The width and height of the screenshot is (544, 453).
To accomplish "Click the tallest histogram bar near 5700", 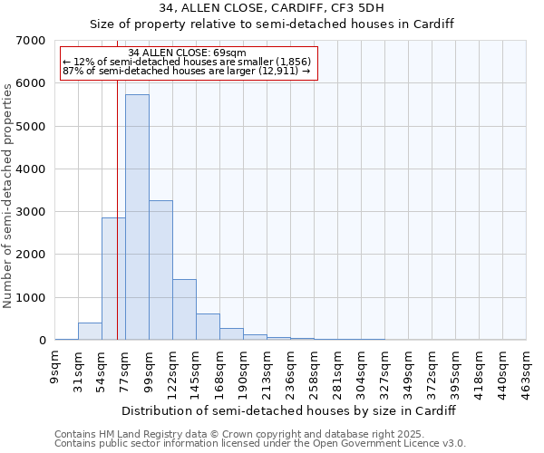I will click(137, 217).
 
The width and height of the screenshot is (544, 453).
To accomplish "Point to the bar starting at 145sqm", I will click(208, 327).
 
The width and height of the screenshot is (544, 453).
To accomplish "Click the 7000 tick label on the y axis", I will click(31, 41).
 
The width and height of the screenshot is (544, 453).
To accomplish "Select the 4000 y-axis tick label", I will click(31, 169).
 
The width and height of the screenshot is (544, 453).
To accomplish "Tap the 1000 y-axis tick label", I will click(31, 298).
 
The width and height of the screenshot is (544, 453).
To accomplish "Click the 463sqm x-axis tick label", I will click(527, 368).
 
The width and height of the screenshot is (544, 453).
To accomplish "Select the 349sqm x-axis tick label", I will click(409, 368).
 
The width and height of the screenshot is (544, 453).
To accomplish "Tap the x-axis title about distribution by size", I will click(288, 410).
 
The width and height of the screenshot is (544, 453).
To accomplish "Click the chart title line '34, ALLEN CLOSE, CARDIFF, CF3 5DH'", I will click(271, 8).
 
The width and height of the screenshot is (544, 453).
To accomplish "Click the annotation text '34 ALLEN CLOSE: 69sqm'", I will click(187, 53).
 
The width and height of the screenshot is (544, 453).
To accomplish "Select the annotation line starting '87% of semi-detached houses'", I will click(187, 71).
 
